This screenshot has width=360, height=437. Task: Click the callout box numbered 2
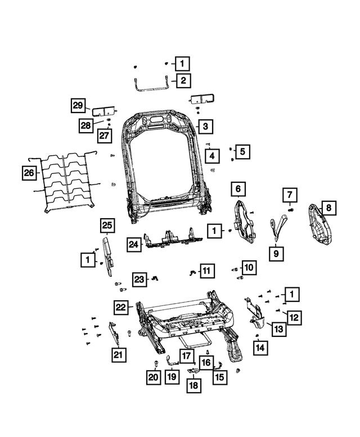[x=183, y=80]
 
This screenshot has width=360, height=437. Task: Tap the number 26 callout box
[x=29, y=174]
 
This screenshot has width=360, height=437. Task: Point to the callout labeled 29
[x=78, y=105]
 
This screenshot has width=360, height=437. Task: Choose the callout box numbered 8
[x=328, y=209]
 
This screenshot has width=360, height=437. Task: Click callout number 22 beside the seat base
[x=120, y=307]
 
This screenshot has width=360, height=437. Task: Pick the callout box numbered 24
[x=133, y=245]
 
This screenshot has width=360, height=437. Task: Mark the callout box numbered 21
[x=118, y=354]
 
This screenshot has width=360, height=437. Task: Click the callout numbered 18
[x=193, y=385]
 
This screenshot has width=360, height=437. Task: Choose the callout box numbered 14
[x=259, y=348]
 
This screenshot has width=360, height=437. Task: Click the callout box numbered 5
[x=242, y=151]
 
